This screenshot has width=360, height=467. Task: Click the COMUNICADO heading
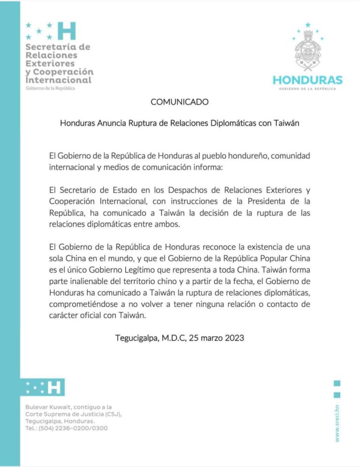click(x=180, y=102)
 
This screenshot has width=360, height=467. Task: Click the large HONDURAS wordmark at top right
click(x=307, y=80)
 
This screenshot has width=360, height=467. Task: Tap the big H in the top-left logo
click(x=66, y=31)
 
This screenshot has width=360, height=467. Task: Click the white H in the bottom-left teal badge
click(x=55, y=387)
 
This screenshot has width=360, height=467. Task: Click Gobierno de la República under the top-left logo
click(x=50, y=89)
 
